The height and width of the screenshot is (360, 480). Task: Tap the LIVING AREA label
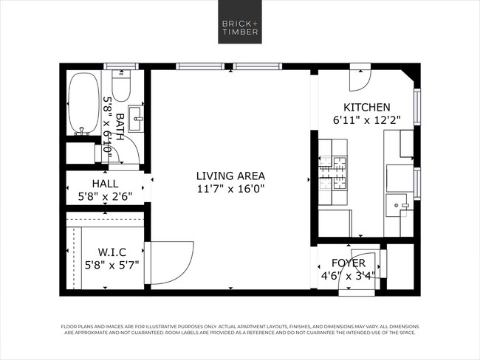click(230, 176)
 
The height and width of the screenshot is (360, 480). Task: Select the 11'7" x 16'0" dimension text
click(230, 189)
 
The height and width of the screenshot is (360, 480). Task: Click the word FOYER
click(349, 263)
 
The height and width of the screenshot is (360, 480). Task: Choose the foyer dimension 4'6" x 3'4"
click(349, 277)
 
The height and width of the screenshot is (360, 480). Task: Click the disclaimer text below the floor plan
click(239, 329)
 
